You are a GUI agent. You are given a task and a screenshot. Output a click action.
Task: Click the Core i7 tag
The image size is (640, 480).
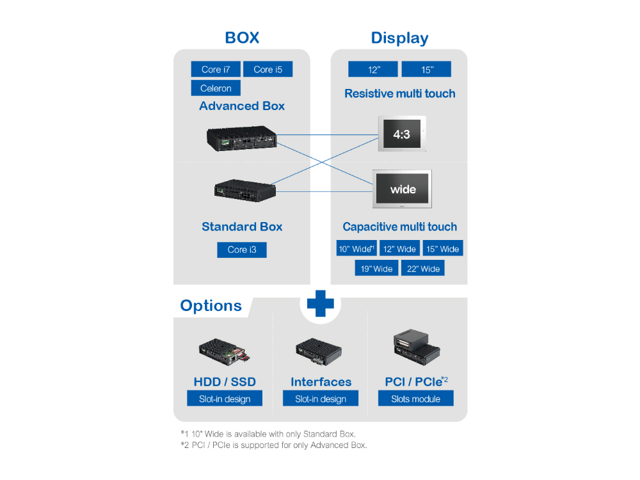(x=216, y=69)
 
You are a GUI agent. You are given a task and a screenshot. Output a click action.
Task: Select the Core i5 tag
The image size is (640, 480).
(x=268, y=69)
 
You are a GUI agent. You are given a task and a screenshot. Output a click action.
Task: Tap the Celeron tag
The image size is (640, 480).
(x=216, y=88)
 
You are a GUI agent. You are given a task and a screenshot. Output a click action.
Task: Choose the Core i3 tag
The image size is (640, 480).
(x=242, y=250)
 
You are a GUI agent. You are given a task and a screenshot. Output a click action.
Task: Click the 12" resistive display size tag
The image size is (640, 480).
(x=373, y=69)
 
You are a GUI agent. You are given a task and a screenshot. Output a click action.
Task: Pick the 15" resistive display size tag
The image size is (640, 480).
(x=427, y=69)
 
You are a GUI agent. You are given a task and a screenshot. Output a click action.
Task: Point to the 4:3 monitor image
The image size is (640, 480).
(x=402, y=134)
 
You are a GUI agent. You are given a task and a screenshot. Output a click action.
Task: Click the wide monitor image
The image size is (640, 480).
(x=403, y=189)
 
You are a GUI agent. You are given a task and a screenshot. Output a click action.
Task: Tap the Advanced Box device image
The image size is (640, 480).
(x=242, y=138)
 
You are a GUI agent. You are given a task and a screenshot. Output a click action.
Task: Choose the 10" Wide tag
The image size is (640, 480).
(x=356, y=248)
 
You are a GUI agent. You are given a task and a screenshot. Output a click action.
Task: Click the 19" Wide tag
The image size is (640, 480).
(x=376, y=268)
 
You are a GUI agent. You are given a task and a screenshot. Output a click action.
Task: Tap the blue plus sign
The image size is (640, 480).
(x=320, y=303)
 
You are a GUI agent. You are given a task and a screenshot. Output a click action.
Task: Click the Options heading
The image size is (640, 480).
(x=211, y=306)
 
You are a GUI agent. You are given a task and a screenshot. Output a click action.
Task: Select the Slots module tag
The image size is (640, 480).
(x=416, y=399)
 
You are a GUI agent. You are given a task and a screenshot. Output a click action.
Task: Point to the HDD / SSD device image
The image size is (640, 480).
(x=224, y=350)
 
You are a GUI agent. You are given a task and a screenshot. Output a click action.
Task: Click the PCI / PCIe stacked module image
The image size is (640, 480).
(x=417, y=346)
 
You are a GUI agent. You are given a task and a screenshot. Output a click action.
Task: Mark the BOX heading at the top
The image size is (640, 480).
(x=242, y=38)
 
